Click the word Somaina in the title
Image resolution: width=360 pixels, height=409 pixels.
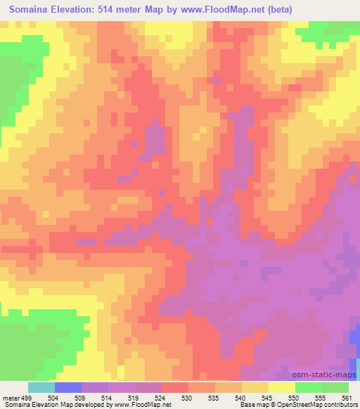32,9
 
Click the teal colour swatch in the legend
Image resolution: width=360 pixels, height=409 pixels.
41,387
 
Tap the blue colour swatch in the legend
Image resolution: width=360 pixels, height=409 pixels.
68,387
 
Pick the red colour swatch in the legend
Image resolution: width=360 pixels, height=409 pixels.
175,387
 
